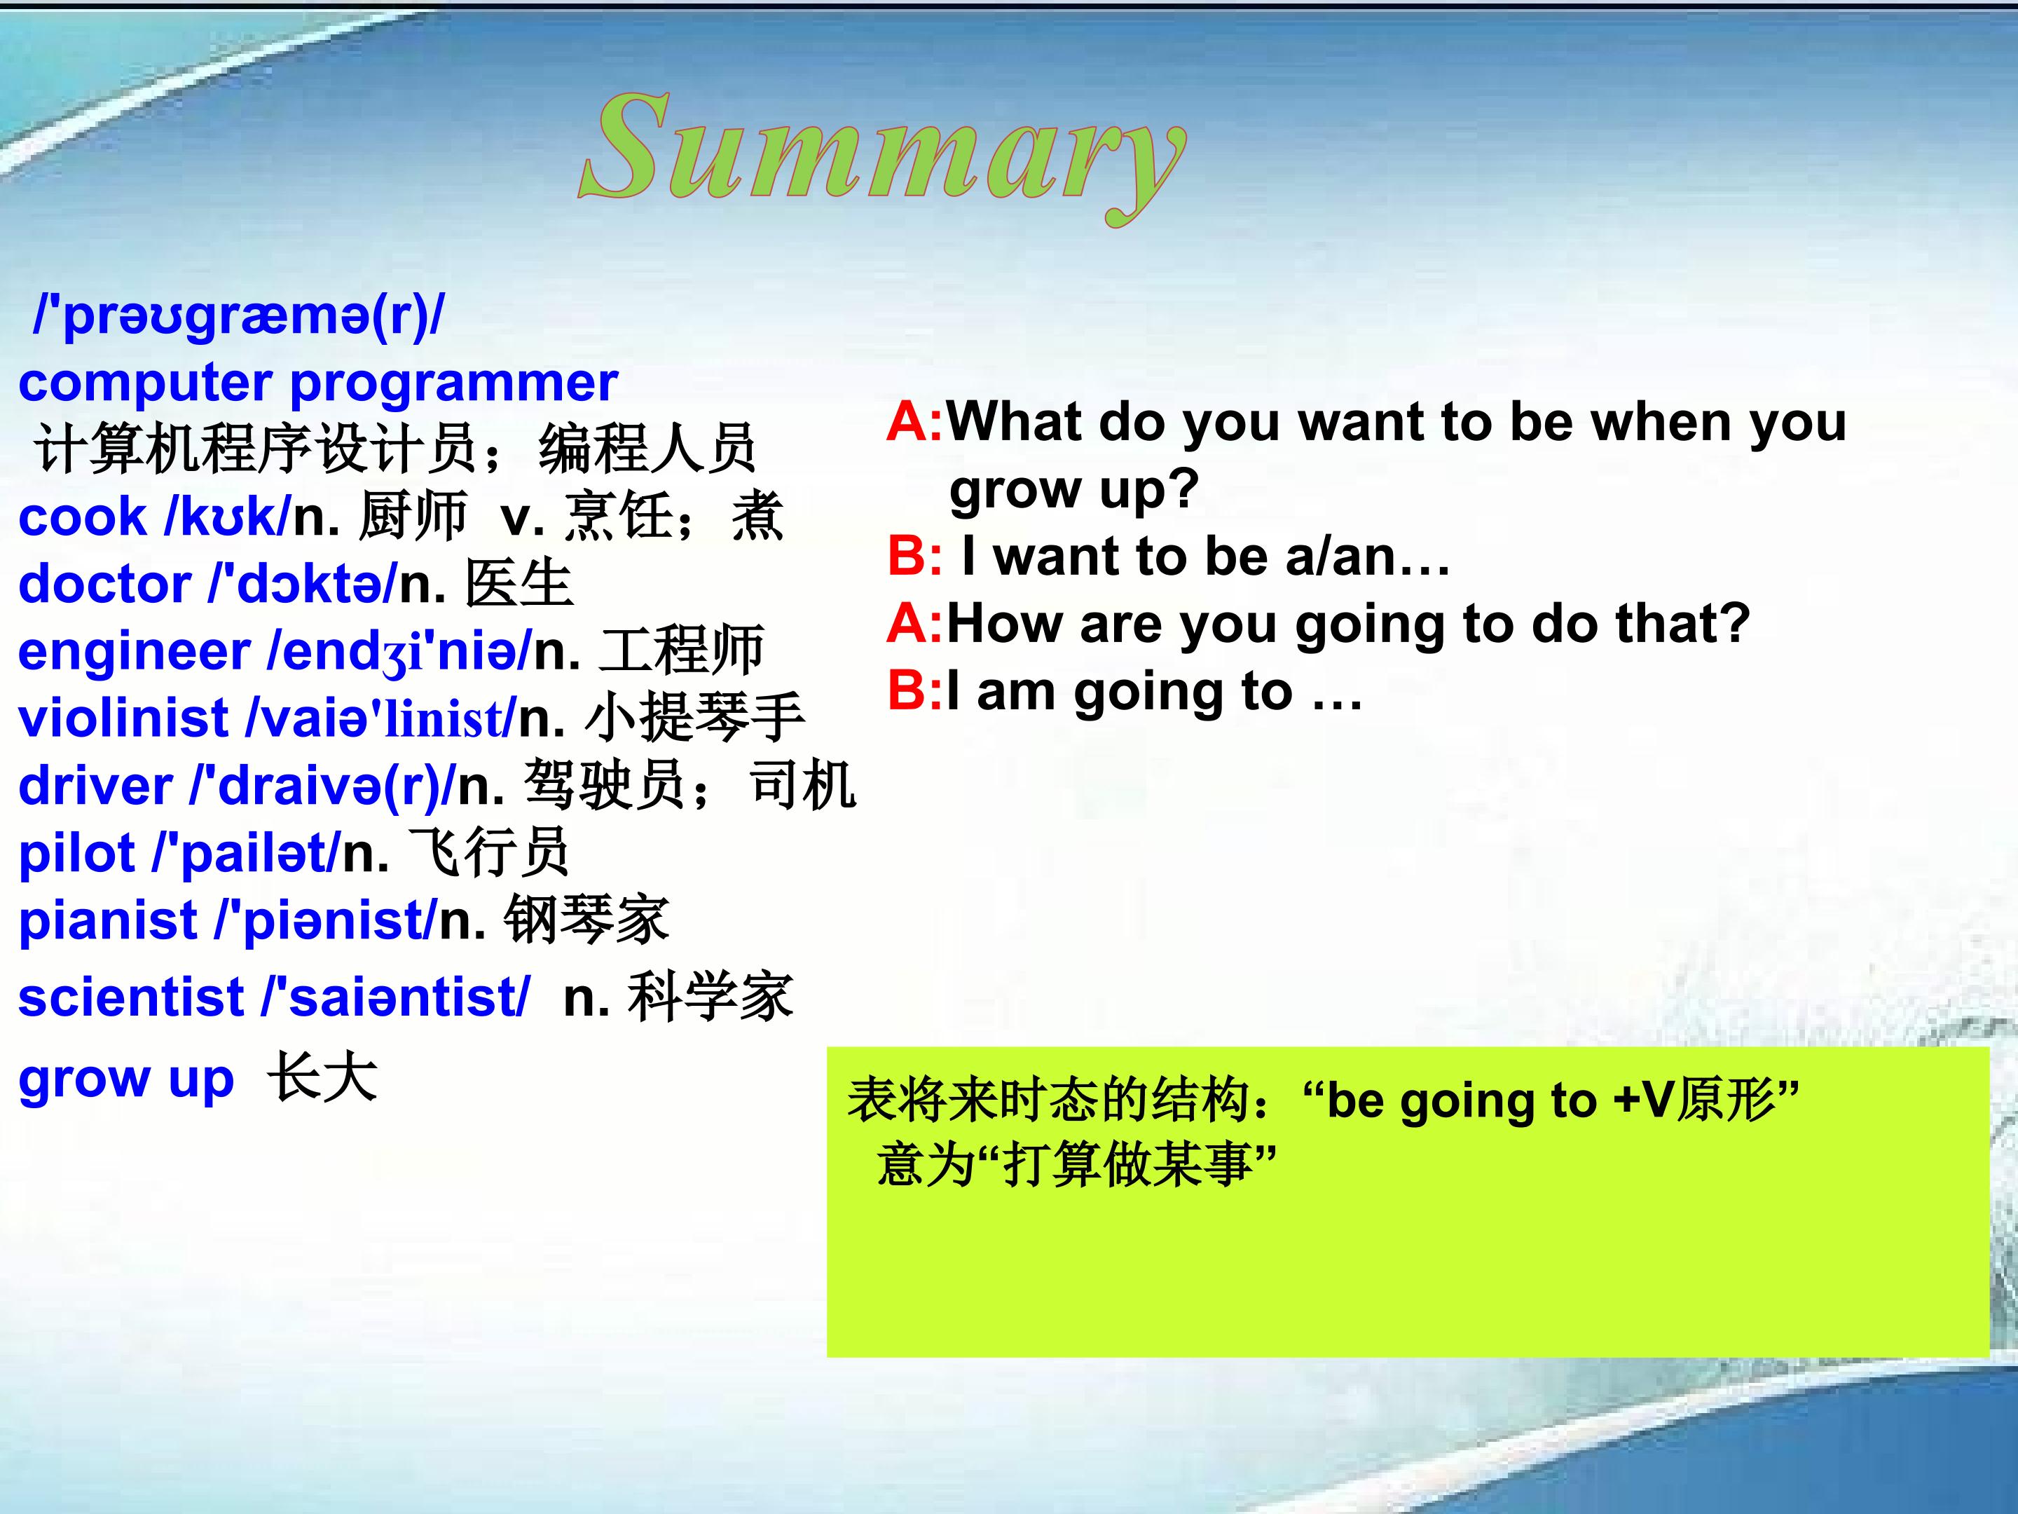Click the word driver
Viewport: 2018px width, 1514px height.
tap(95, 786)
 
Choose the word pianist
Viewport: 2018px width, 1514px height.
tap(108, 922)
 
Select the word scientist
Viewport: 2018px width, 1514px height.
tap(130, 997)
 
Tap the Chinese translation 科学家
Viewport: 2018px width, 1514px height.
tap(710, 997)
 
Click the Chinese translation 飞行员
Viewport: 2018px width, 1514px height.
tap(488, 853)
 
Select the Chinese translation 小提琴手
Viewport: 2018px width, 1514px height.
tap(694, 717)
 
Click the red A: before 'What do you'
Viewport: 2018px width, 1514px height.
tap(915, 422)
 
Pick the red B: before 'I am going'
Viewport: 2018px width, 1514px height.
tap(915, 691)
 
